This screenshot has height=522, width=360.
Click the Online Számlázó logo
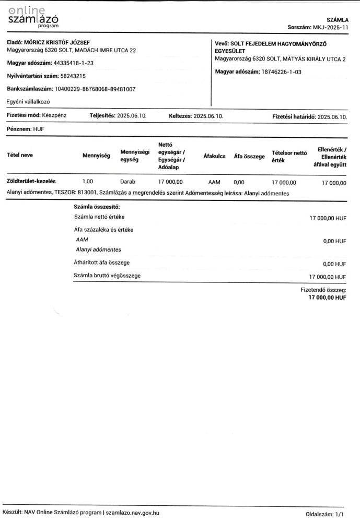pyautogui.click(x=33, y=18)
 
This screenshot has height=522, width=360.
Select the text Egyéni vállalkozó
pyautogui.click(x=28, y=102)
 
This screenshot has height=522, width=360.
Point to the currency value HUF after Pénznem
pyautogui.click(x=39, y=128)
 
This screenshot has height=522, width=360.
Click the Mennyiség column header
pyautogui.click(x=96, y=156)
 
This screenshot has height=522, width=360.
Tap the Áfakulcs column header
pyautogui.click(x=214, y=156)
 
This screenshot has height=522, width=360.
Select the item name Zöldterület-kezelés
pyautogui.click(x=31, y=182)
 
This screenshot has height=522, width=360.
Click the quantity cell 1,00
pyautogui.click(x=88, y=182)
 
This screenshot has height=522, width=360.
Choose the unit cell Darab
pyautogui.click(x=127, y=182)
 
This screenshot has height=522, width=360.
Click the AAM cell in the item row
pyautogui.click(x=214, y=182)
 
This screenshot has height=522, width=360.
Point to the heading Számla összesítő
pyautogui.click(x=97, y=207)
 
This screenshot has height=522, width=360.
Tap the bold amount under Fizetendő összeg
pyautogui.click(x=327, y=297)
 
